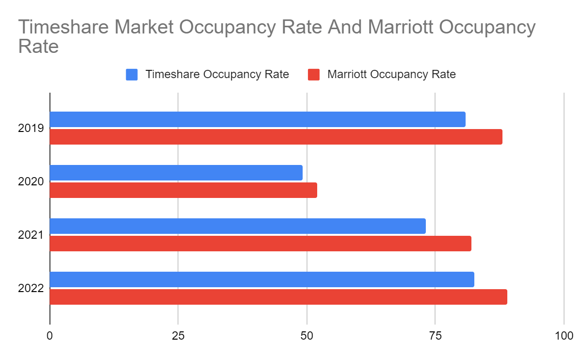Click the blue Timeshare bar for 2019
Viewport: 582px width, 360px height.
[x=258, y=119]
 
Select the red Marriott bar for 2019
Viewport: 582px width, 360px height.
[x=276, y=137]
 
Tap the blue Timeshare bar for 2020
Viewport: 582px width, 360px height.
[x=176, y=173]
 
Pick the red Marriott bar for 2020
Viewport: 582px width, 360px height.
[x=183, y=190]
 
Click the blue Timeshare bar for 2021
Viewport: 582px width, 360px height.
[x=238, y=226]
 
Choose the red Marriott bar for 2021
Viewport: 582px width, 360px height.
[x=260, y=244]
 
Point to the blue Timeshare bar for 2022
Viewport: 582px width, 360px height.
[x=262, y=279]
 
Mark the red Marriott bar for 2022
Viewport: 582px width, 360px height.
[x=278, y=297]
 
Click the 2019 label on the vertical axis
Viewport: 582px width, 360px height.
[x=31, y=129]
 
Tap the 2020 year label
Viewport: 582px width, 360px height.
[x=31, y=182]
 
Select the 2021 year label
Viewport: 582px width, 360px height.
[x=31, y=235]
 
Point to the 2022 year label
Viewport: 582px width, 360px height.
[x=31, y=289]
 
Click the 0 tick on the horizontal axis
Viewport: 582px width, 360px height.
[x=50, y=336]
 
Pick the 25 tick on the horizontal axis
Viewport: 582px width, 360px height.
[x=178, y=336]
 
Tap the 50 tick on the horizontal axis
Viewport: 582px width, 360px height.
[x=307, y=336]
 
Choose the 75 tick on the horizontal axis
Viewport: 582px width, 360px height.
[x=435, y=336]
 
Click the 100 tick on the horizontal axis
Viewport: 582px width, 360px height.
[x=564, y=336]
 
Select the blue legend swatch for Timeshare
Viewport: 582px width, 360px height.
[x=132, y=75]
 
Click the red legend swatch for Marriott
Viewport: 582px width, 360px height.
[x=314, y=75]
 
